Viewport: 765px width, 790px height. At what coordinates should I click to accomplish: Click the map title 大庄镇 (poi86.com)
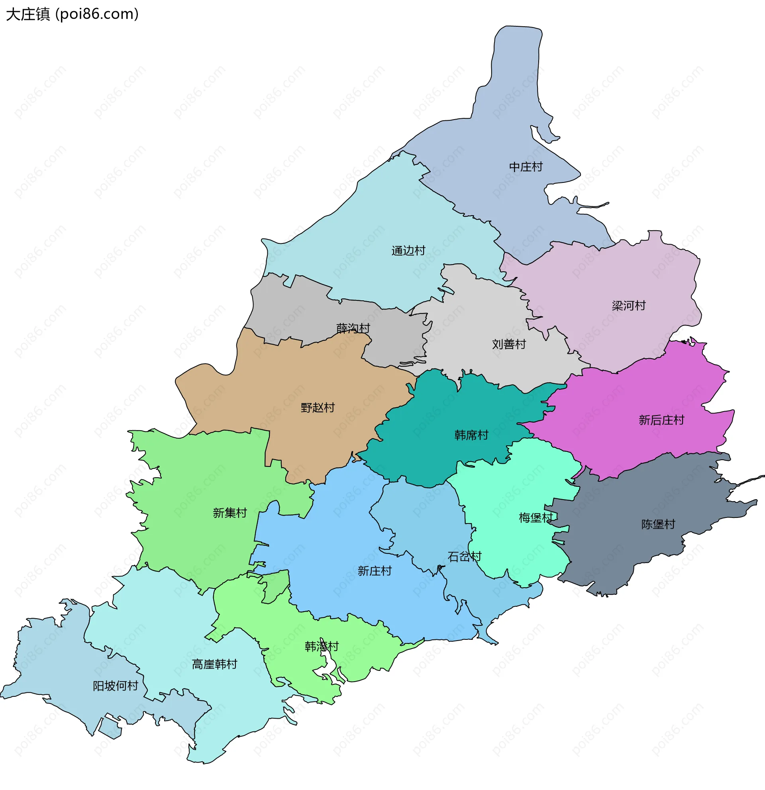[x=73, y=14]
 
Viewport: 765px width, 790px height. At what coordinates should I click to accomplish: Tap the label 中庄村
[x=526, y=167]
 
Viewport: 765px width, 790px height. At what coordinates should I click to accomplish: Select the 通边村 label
[x=408, y=251]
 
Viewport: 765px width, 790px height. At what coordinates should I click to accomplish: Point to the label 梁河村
[x=628, y=306]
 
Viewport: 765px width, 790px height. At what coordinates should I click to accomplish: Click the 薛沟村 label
[x=353, y=329]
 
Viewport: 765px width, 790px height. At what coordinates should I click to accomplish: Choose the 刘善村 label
[x=509, y=344]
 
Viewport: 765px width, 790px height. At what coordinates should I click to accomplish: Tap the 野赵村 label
[x=318, y=408]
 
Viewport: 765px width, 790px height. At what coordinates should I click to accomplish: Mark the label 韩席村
[x=471, y=435]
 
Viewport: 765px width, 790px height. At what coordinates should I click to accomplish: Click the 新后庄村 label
[x=661, y=420]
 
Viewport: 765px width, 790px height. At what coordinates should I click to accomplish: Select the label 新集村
[x=230, y=513]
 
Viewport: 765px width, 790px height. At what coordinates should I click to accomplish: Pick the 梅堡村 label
[x=535, y=518]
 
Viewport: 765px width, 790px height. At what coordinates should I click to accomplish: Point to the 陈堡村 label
[x=658, y=524]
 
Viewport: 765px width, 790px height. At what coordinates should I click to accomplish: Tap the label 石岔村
[x=464, y=557]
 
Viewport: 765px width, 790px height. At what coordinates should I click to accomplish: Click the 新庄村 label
[x=375, y=571]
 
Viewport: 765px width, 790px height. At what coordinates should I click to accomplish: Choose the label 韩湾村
[x=322, y=647]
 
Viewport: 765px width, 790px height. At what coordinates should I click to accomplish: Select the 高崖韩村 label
[x=214, y=664]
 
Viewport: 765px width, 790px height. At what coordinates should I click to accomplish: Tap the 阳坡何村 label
[x=116, y=686]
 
